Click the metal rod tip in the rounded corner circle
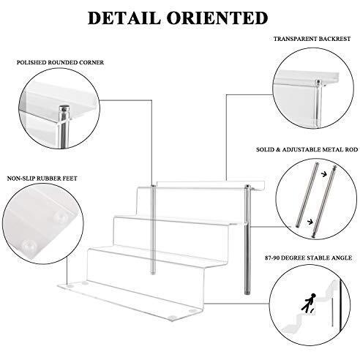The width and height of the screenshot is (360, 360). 63,113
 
